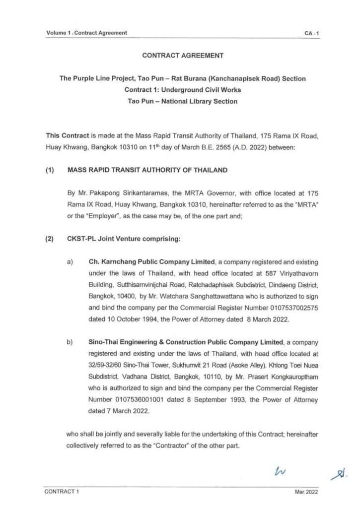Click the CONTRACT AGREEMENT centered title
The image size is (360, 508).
pos(183,56)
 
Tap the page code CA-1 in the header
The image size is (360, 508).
pos(312,33)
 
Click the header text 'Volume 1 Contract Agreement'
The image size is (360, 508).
pos(86,33)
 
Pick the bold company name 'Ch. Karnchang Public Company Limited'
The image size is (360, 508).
pos(151,261)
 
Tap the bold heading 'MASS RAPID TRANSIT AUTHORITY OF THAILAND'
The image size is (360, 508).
pos(147,170)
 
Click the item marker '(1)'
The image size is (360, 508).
pos(50,170)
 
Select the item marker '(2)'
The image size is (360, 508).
pos(50,239)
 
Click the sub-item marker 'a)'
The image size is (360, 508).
pos(70,261)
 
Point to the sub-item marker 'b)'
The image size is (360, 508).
pos(70,343)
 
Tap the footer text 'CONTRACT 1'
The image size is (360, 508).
pos(62,492)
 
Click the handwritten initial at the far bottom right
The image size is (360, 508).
pos(339,475)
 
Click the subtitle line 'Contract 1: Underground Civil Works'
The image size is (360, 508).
pos(183,90)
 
